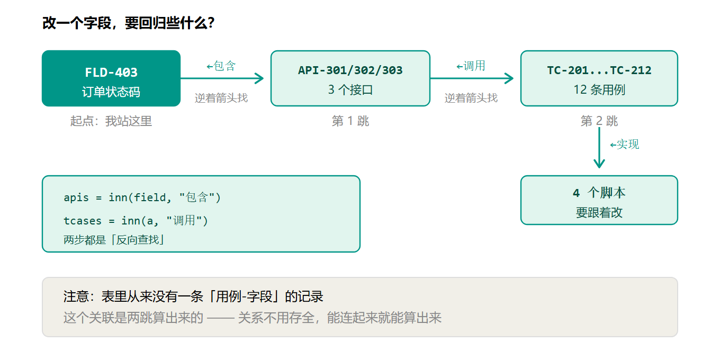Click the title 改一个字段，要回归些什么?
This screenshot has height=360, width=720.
coord(128,23)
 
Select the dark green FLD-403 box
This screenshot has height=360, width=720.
coord(111,78)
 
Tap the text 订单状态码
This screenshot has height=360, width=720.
coord(111,92)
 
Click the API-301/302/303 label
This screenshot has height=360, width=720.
coord(350,70)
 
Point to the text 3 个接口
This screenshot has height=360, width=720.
coord(350,89)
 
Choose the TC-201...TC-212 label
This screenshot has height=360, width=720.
coord(599,70)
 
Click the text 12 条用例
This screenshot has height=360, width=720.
coord(599,89)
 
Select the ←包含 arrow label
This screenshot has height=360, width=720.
coord(221,66)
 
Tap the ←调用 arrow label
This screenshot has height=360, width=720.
coord(471,66)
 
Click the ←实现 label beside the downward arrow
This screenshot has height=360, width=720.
coord(625,145)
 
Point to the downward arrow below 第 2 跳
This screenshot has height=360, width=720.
coord(599,148)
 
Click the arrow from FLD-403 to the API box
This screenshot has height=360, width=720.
coord(222,78)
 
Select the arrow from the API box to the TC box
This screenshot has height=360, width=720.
coord(472,78)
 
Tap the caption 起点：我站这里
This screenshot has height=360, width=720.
coord(111,121)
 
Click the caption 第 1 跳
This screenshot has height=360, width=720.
coord(350,121)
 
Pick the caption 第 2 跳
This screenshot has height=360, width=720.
coord(599,121)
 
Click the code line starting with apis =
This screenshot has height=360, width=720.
coord(142,197)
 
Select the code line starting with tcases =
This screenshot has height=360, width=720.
coord(136,220)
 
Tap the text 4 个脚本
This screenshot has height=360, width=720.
coord(599,193)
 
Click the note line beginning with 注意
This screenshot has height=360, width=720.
coord(193,296)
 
